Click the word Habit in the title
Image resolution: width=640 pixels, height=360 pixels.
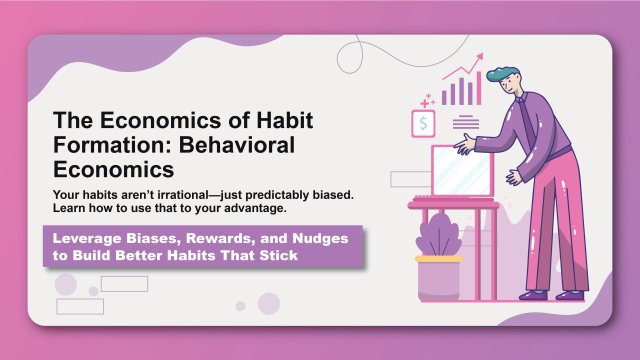(x=284, y=121)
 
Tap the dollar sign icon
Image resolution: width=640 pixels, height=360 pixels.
(x=425, y=124)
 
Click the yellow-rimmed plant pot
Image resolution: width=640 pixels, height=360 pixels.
(x=439, y=278)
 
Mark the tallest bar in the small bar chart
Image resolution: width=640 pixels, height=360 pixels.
(x=476, y=89)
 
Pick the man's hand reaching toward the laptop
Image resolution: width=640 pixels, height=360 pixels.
(x=463, y=144)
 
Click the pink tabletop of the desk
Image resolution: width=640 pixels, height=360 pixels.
(x=452, y=205)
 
